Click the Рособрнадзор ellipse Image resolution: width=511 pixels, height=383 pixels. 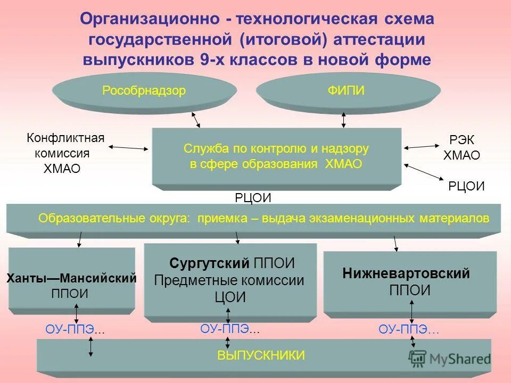pos(144,91)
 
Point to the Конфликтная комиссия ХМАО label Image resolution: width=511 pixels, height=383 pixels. pos(65,154)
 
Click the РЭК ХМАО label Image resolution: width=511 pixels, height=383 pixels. pos(461,148)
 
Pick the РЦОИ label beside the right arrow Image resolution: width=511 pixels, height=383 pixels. pos(466,186)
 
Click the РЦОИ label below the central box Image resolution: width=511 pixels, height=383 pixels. pos(253,198)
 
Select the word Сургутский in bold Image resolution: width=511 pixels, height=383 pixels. pos(209,263)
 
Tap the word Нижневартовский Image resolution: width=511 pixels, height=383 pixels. pos(406,274)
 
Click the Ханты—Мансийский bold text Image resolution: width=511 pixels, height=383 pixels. pos(71,278)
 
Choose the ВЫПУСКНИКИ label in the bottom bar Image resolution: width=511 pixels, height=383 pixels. pos(261,355)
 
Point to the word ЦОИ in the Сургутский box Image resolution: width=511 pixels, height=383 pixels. pos(230,298)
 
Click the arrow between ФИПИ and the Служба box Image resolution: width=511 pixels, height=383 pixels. pos(344,120)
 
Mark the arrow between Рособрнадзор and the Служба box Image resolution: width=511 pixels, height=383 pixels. pos(196,119)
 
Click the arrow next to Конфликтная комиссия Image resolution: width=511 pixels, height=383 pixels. pos(129,147)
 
